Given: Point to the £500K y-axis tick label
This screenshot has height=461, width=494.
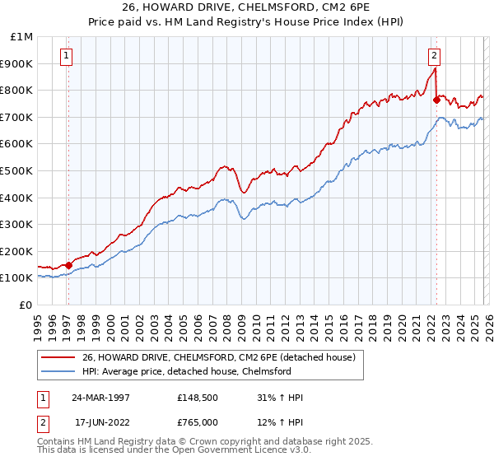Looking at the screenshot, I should pos(17,170).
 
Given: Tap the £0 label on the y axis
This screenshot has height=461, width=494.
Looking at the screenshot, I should pos(26,305).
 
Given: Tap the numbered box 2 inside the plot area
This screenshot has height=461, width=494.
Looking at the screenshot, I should pos(434,56).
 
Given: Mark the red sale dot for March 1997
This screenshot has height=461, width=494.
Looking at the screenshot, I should pos(69,265).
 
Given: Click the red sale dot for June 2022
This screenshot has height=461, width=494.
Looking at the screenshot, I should pos(436,99).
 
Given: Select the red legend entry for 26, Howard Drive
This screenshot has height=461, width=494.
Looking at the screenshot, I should pos(218,357).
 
